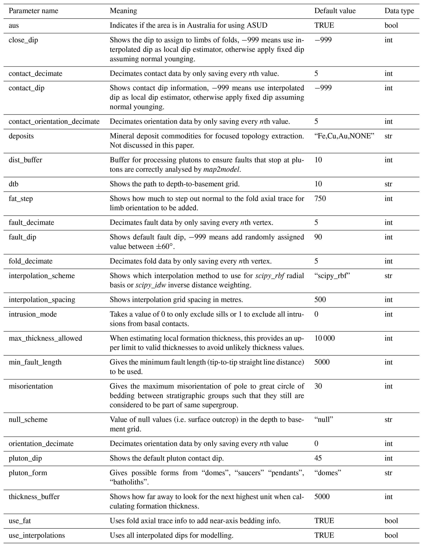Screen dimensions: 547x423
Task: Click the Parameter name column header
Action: click(x=33, y=11)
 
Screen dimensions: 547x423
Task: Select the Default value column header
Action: click(x=335, y=11)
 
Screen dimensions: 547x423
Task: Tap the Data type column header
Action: click(x=399, y=11)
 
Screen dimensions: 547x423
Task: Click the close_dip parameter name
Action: click(x=23, y=40)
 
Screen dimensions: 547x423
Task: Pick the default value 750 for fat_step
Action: click(x=320, y=199)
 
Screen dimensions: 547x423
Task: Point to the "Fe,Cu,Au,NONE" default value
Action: click(x=344, y=136)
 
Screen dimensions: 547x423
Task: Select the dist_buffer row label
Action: click(x=25, y=160)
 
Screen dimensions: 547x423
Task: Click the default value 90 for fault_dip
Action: click(x=318, y=237)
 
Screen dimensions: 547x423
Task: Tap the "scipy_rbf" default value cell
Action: click(x=332, y=276)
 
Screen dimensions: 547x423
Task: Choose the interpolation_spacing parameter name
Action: click(x=42, y=299)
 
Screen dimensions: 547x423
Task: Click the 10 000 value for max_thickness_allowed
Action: click(x=324, y=338)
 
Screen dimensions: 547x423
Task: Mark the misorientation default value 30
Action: click(x=318, y=386)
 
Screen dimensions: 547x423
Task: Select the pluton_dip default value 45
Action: click(x=318, y=458)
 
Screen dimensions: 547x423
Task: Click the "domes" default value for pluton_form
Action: click(x=328, y=473)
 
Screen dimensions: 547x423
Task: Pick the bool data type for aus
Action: click(x=391, y=25)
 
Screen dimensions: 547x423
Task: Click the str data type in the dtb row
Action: click(x=388, y=184)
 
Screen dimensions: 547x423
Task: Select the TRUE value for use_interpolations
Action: click(x=324, y=535)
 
